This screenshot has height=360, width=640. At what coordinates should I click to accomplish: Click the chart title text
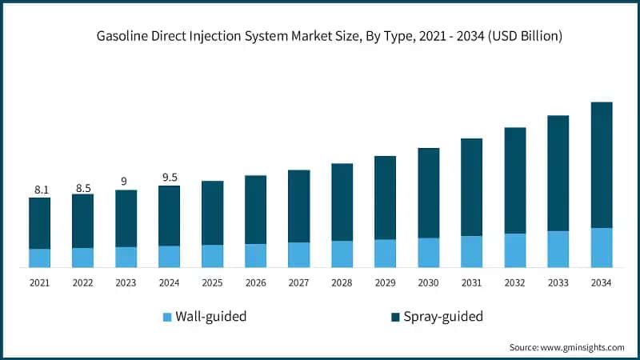[x=330, y=37]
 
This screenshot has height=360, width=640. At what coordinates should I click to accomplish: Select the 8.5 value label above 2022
[x=83, y=188]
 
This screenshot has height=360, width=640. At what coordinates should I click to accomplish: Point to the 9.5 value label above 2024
[x=170, y=178]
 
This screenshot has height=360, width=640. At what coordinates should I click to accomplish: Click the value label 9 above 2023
[x=124, y=182]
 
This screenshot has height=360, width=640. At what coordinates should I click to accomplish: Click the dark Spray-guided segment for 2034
[x=602, y=165]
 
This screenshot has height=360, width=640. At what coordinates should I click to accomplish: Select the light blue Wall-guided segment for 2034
[x=602, y=247]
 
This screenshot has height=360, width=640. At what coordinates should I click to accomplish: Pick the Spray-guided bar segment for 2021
[x=40, y=223]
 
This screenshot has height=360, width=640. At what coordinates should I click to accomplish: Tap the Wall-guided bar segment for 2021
[x=40, y=258]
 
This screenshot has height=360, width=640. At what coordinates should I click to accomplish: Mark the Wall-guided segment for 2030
[x=429, y=252]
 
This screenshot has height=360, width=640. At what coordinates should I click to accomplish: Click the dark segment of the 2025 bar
[x=213, y=213]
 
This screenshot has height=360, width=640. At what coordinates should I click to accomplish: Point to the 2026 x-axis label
[x=255, y=282]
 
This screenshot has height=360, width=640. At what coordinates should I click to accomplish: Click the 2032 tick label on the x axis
[x=514, y=282]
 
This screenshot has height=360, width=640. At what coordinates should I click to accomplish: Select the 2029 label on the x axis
[x=385, y=282]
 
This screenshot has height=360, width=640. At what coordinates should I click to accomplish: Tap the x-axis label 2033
[x=558, y=282]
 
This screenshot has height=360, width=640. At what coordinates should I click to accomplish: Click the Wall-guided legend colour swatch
[x=167, y=317]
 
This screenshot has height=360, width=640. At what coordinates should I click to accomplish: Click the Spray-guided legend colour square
[x=396, y=317]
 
